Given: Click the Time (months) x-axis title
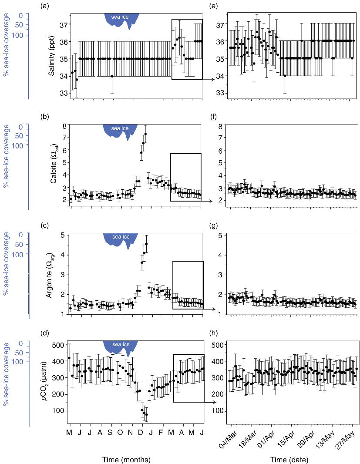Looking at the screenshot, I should [x=126, y=459].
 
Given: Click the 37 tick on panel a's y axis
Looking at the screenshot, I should [x=62, y=24].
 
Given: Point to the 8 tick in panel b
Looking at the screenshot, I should [x=64, y=126].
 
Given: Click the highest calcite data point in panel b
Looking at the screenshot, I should [x=146, y=134].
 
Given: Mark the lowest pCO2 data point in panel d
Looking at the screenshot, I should [x=146, y=414].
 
